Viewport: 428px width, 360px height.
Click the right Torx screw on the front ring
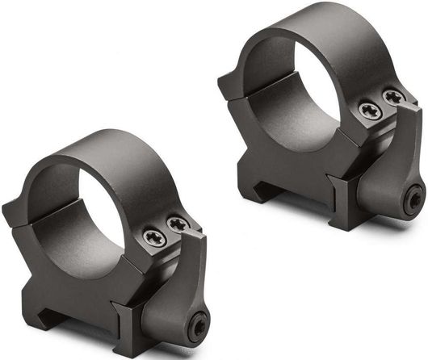coord(178,224)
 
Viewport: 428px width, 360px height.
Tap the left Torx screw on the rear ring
coord(370,111)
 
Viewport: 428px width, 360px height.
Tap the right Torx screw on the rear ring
coord(393,98)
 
